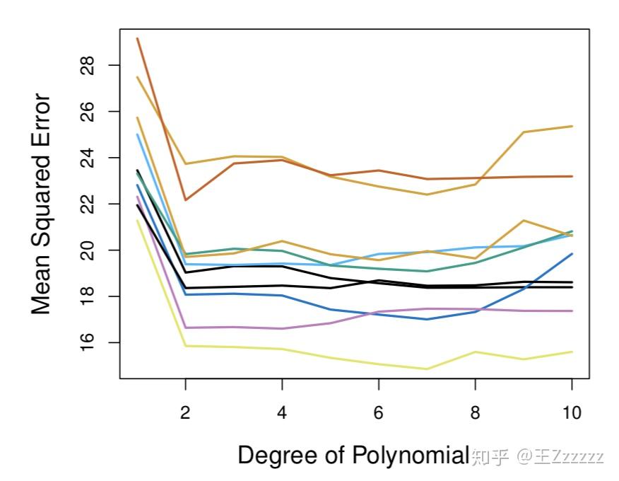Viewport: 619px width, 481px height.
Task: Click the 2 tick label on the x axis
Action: coord(185,412)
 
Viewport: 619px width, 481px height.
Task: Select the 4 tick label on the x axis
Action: coord(282,412)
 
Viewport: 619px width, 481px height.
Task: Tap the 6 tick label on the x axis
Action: coord(379,412)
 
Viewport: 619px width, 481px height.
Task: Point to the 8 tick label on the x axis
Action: coord(475,412)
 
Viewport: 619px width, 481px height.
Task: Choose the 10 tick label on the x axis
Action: coord(571,412)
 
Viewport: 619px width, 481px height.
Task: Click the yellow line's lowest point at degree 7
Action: coord(427,369)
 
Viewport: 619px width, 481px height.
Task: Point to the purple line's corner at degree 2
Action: coord(186,328)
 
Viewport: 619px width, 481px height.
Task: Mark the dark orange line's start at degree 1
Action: coord(138,38)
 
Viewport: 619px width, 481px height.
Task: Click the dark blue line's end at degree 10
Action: coord(571,254)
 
